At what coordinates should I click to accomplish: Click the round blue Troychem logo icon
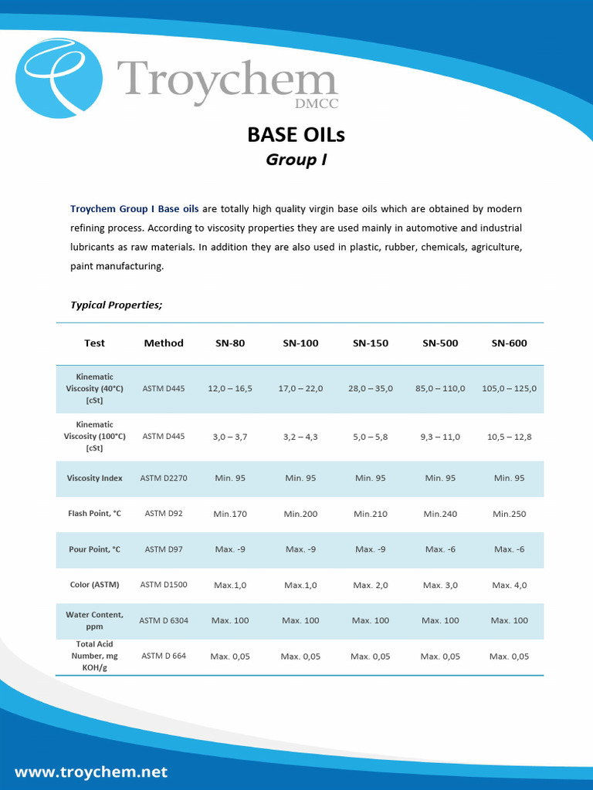(x=59, y=79)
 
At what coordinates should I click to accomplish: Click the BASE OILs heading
(x=296, y=134)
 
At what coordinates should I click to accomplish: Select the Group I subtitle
(x=296, y=160)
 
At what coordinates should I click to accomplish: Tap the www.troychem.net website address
(x=91, y=771)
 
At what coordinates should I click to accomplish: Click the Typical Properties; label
(x=117, y=305)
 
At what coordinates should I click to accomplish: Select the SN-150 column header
(x=371, y=343)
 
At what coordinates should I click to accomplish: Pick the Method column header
(x=164, y=343)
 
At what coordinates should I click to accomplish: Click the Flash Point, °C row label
(x=94, y=514)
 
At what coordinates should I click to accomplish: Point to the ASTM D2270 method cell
(x=164, y=478)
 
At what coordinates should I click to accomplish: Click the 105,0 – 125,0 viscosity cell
(x=509, y=389)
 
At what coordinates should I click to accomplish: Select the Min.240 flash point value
(x=440, y=514)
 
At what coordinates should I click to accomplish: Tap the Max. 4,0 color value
(x=509, y=586)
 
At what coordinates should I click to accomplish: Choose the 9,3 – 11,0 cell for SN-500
(x=440, y=437)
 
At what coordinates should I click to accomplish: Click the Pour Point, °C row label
(x=94, y=549)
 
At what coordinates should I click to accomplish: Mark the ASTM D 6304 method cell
(x=164, y=620)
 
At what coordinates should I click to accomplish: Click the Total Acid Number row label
(x=94, y=656)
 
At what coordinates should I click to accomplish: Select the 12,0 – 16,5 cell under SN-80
(x=230, y=389)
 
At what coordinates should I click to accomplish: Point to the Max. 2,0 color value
(x=371, y=586)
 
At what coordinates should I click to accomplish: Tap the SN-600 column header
(x=509, y=343)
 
